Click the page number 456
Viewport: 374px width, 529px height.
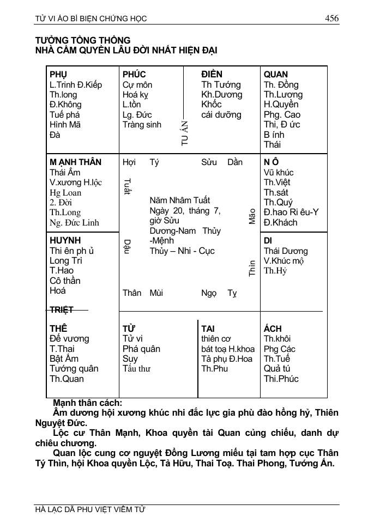[x=331, y=19]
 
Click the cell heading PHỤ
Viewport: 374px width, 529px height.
[x=58, y=75]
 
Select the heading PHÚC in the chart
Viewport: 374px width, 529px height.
[x=134, y=75]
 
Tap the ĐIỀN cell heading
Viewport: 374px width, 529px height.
[x=212, y=75]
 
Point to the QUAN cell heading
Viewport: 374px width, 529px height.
[x=276, y=75]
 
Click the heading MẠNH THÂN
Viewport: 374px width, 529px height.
[x=75, y=162]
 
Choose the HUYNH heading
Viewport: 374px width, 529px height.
[x=65, y=241]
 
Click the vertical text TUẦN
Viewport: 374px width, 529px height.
[x=185, y=132]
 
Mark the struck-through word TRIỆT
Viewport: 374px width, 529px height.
[x=61, y=310]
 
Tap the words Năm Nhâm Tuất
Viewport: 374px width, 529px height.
[x=179, y=200]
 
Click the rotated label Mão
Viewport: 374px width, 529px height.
[x=252, y=217]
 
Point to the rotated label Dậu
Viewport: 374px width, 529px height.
[x=126, y=247]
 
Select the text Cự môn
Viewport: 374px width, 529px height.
[x=137, y=85]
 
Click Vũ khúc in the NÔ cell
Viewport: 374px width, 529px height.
[x=279, y=173]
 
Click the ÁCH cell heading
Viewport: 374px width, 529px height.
[x=273, y=329]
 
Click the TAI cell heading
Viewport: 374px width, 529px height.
[x=208, y=329]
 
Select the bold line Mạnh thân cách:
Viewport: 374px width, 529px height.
[x=87, y=403]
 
